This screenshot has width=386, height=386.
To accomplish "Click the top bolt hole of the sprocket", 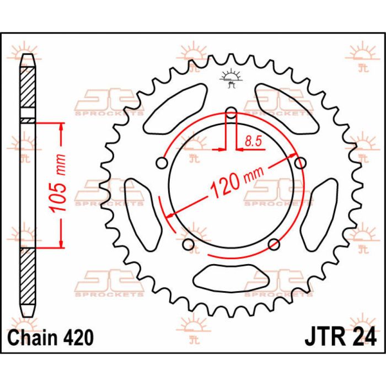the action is coord(231,112).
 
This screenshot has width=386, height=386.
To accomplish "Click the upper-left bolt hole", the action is coord(162,163).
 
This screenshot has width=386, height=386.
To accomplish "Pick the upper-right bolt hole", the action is coord(301,163).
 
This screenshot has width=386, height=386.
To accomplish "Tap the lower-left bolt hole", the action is coord(189,244).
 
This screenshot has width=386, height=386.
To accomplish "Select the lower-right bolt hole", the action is coord(274,244).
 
